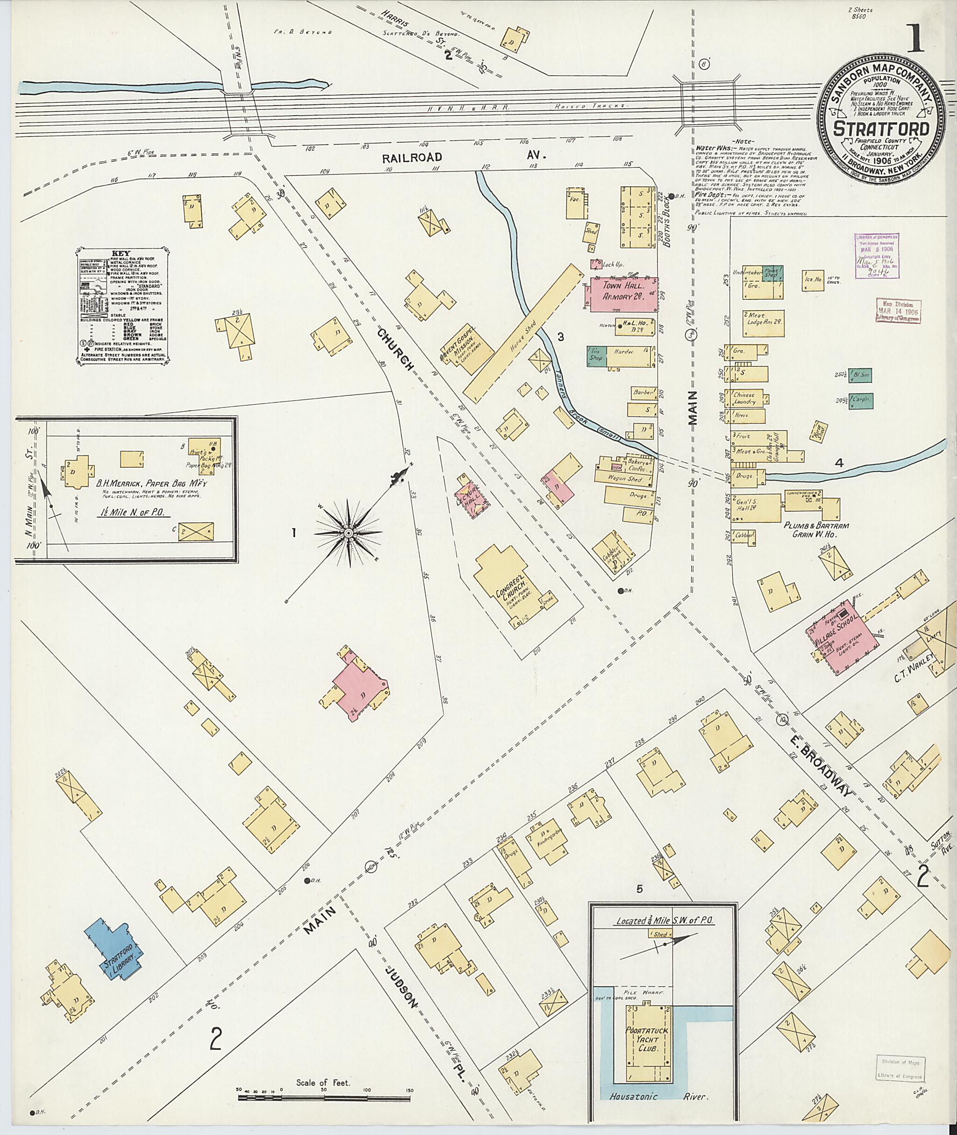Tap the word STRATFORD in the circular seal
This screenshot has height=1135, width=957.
pos(882,130)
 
